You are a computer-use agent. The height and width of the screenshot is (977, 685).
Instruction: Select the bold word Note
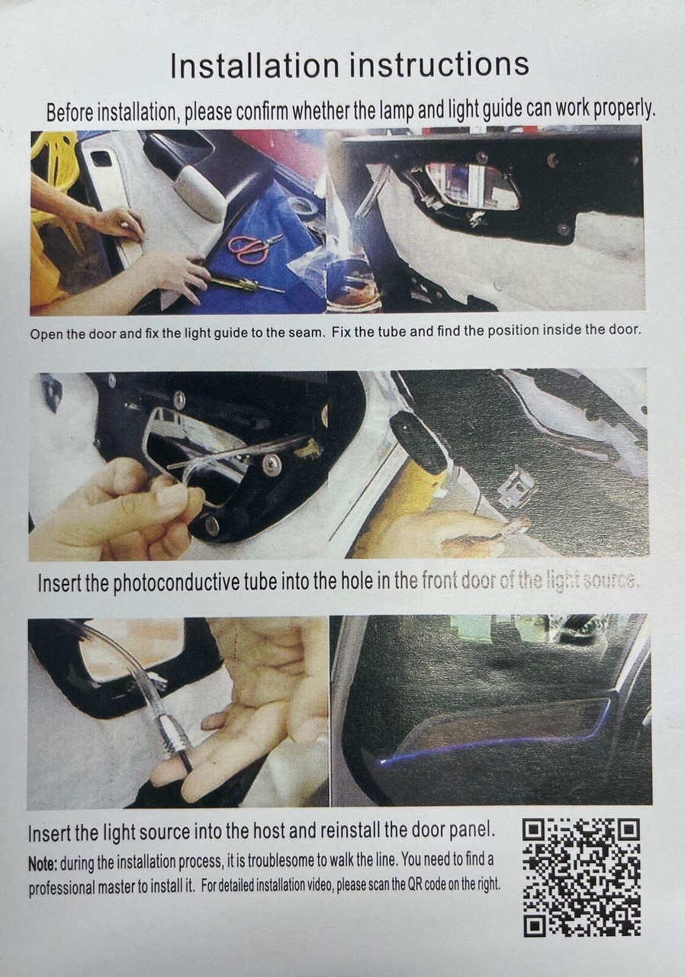[x=43, y=862]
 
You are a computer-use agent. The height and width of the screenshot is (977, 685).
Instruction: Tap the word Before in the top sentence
[x=69, y=114]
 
